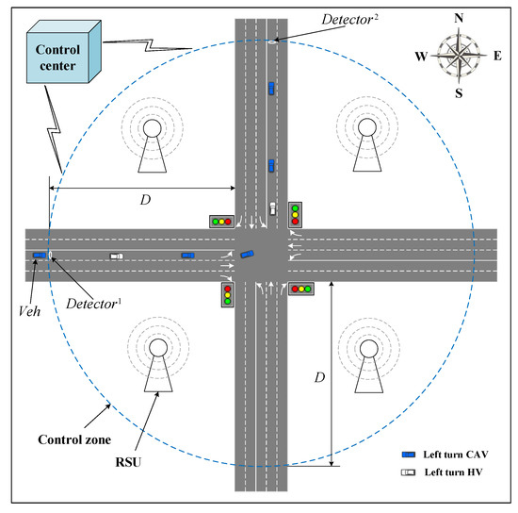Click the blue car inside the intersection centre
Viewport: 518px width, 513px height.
(x=247, y=253)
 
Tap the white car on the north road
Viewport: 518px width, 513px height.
(x=272, y=208)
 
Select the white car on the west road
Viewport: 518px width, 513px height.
(x=116, y=256)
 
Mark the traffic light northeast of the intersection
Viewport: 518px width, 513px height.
(x=295, y=214)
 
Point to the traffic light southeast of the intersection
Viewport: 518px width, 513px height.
(x=302, y=289)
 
